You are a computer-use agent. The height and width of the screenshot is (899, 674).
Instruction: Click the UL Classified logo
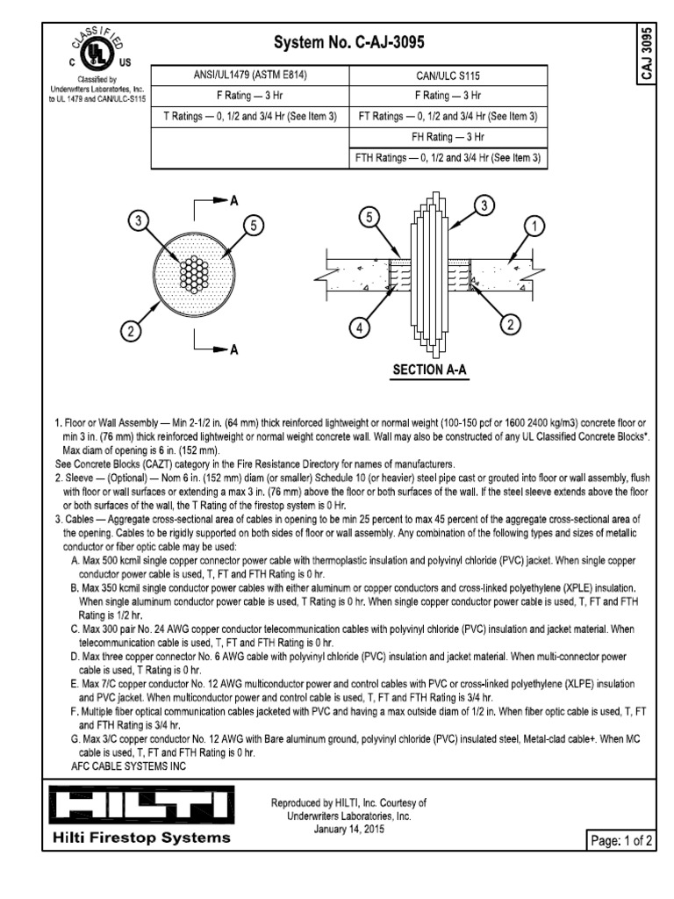coord(88,53)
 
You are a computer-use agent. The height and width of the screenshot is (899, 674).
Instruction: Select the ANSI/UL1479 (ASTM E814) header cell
coord(250,75)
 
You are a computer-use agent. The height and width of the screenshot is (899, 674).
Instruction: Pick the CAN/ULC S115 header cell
coord(448,75)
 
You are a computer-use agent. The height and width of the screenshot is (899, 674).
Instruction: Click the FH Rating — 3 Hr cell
coord(448,137)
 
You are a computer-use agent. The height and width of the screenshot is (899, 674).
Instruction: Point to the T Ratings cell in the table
coord(250,116)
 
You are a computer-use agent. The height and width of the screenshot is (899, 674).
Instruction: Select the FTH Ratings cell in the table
coord(448,158)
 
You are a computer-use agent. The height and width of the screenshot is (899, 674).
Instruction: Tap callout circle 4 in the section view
coord(358,328)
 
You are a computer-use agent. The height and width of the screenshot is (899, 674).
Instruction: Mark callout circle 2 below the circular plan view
coord(131,331)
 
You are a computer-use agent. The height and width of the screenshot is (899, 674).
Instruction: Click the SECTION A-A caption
coord(429,370)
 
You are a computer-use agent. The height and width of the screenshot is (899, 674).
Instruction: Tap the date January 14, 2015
coord(349,829)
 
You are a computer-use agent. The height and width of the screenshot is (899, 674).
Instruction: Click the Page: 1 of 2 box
coord(620,842)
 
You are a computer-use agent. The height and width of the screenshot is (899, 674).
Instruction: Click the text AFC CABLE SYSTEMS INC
coord(129,766)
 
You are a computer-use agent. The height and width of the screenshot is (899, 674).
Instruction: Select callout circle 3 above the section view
coord(483,205)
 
